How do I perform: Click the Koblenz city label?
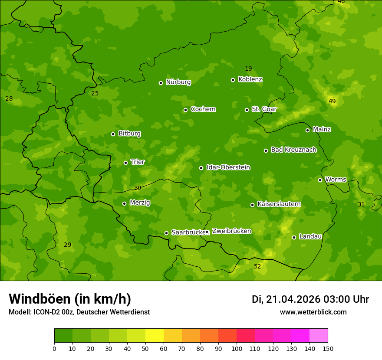(x=250, y=79)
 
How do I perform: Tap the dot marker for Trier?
(x=125, y=163)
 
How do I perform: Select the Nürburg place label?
(x=178, y=82)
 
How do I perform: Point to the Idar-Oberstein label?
(x=228, y=167)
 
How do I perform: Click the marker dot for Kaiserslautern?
(x=252, y=205)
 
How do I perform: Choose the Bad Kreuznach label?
(x=293, y=150)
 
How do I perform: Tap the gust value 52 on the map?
(x=257, y=266)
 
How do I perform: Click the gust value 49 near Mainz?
(x=332, y=101)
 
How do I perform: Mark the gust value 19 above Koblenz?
(x=248, y=69)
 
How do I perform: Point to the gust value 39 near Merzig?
(x=138, y=188)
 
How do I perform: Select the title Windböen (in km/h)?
(x=70, y=299)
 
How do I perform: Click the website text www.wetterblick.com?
(x=313, y=312)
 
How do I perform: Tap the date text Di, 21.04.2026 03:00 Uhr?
(x=310, y=299)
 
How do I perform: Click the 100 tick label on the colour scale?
(x=237, y=348)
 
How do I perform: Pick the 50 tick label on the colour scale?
(x=145, y=348)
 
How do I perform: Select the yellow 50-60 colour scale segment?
(x=155, y=335)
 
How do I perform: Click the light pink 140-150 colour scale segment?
(x=319, y=335)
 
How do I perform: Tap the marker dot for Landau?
(x=294, y=237)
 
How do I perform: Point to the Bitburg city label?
(x=129, y=133)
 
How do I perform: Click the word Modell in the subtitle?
(x=19, y=312)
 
